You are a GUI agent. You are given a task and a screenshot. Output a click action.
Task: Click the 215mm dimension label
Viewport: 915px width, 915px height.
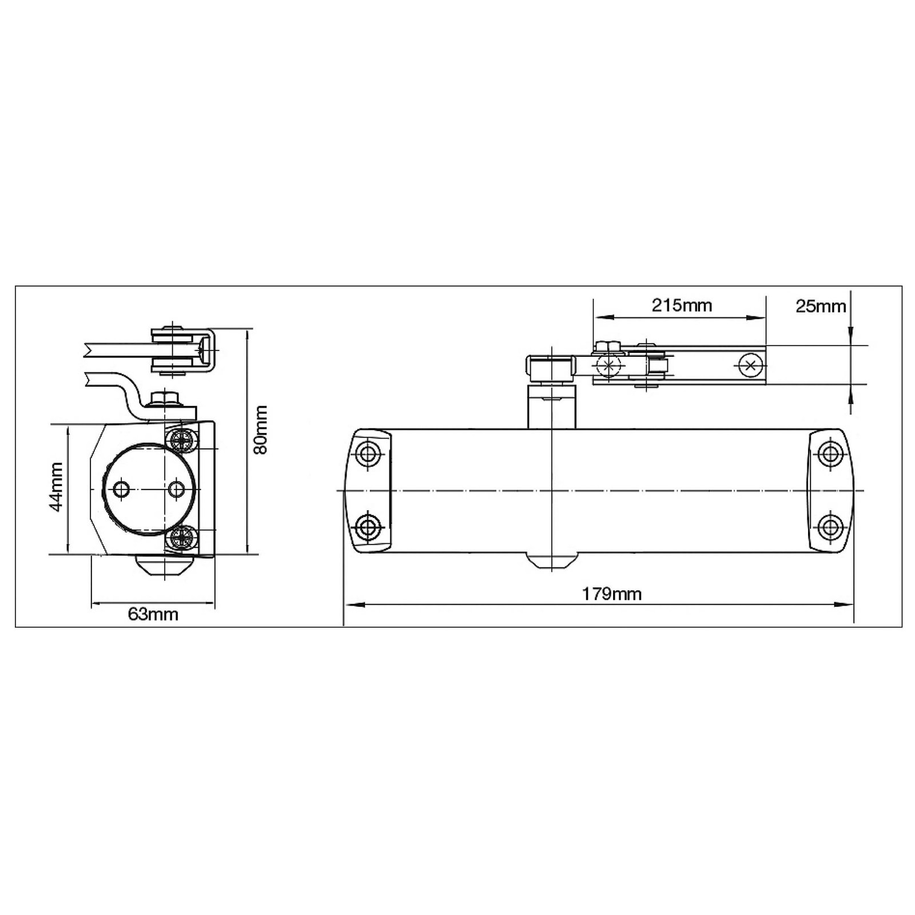682,305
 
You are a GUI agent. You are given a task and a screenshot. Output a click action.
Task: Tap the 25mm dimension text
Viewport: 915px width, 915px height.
821,307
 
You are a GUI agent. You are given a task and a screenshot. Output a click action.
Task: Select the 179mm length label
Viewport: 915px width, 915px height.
612,594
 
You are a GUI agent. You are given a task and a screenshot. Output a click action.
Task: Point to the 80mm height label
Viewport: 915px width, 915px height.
261,429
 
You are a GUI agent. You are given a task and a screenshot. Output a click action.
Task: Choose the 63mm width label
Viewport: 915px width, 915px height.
153,614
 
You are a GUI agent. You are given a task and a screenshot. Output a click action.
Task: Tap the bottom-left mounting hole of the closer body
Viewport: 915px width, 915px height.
367,526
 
